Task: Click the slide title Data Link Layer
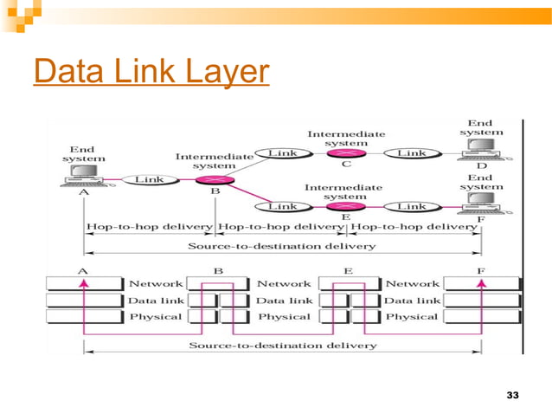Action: click(x=151, y=73)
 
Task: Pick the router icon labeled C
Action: click(x=345, y=153)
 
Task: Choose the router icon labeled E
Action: click(x=345, y=207)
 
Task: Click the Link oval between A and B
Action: click(x=147, y=179)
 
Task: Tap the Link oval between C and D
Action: click(x=411, y=153)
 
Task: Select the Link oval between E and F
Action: click(x=411, y=207)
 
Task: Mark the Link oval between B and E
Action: click(x=283, y=207)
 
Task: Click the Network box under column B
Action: click(x=156, y=283)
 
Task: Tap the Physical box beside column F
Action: click(x=411, y=316)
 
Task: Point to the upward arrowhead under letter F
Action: click(x=482, y=281)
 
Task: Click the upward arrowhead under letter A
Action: click(x=84, y=281)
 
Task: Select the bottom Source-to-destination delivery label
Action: click(x=283, y=346)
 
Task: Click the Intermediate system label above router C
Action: click(x=346, y=139)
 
